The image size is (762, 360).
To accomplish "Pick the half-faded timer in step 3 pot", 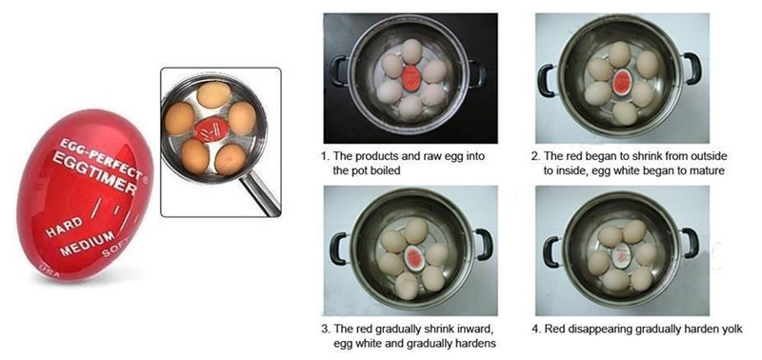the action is pyautogui.click(x=413, y=257).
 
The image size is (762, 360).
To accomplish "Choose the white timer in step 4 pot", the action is pyautogui.click(x=621, y=254).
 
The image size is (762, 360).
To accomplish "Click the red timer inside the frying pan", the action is pyautogui.click(x=211, y=128).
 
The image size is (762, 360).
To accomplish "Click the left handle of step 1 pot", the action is pyautogui.click(x=339, y=71).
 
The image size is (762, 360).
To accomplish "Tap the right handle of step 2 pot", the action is pyautogui.click(x=692, y=69).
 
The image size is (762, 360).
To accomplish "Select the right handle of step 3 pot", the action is pyautogui.click(x=483, y=245).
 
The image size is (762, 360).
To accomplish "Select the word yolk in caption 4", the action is pyautogui.click(x=732, y=329).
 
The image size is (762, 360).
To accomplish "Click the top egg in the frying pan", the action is pyautogui.click(x=213, y=94).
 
